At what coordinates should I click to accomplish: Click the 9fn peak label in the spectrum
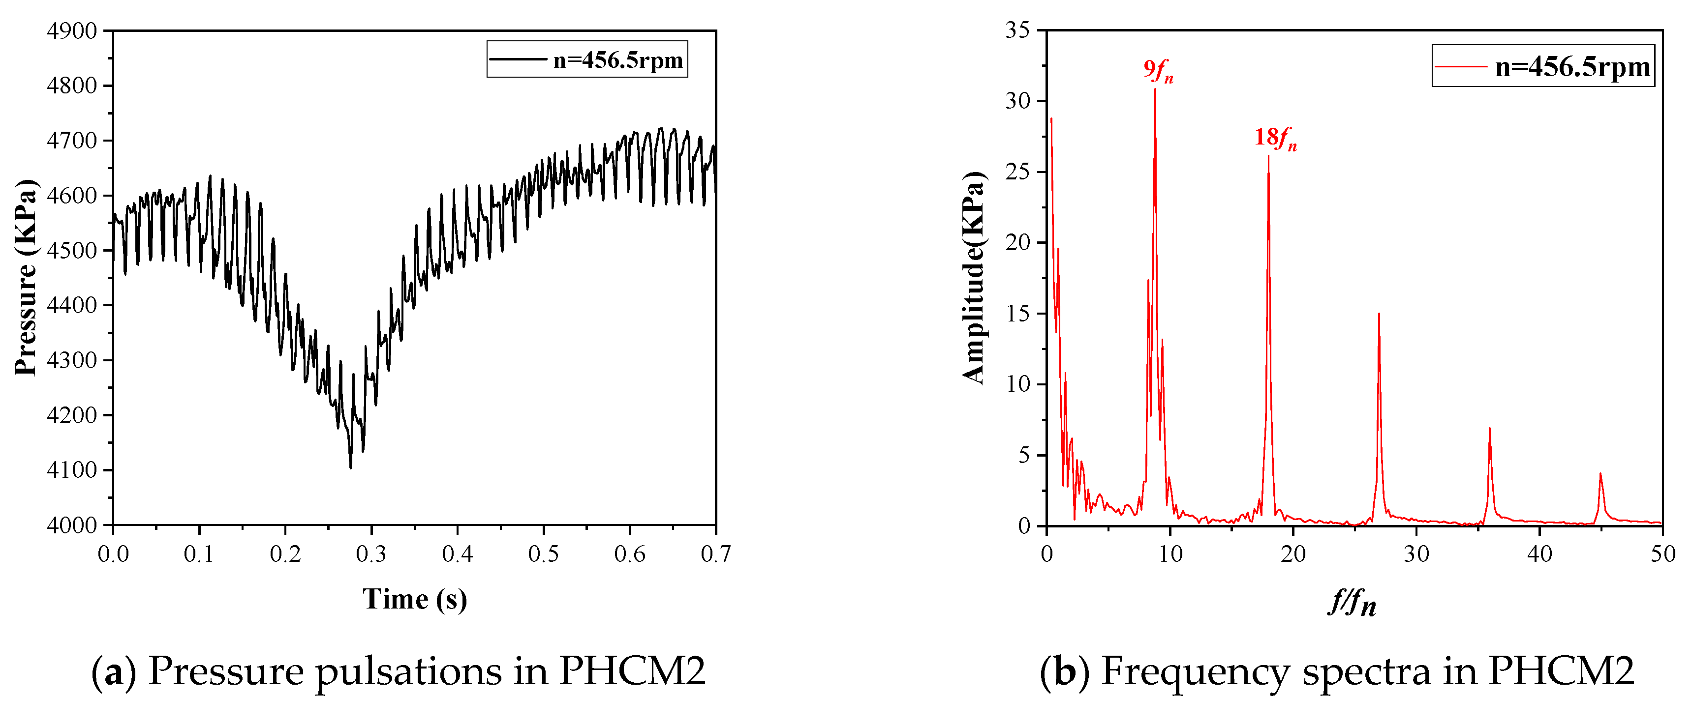tap(1158, 70)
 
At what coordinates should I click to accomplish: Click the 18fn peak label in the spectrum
tap(1275, 138)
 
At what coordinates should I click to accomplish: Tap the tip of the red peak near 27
tap(1379, 314)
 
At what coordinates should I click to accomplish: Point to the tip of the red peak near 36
tap(1489, 428)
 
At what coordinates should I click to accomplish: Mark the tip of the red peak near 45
tap(1600, 473)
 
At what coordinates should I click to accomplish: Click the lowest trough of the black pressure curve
tap(351, 467)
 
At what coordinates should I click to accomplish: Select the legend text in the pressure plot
tap(617, 60)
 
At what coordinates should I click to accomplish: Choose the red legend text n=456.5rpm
tap(1572, 67)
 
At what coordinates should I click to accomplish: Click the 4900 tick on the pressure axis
tap(72, 31)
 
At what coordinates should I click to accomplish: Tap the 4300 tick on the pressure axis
tap(72, 360)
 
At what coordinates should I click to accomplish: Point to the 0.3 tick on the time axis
tap(371, 554)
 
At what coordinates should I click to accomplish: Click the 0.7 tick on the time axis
tap(715, 554)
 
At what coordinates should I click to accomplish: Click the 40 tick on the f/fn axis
tap(1539, 554)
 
